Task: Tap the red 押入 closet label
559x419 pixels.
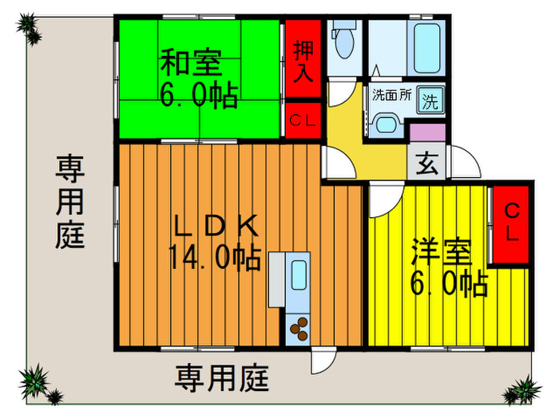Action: pyautogui.click(x=303, y=61)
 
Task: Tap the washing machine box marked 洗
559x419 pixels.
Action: pyautogui.click(x=430, y=101)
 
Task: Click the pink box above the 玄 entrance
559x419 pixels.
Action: pyautogui.click(x=427, y=133)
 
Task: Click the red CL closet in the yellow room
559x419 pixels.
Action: pyautogui.click(x=511, y=223)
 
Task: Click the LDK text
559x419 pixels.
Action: pyautogui.click(x=216, y=227)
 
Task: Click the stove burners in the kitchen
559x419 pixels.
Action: pyautogui.click(x=299, y=326)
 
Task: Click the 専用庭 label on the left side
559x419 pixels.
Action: pyautogui.click(x=70, y=202)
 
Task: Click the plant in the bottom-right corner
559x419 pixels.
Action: pyautogui.click(x=523, y=391)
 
